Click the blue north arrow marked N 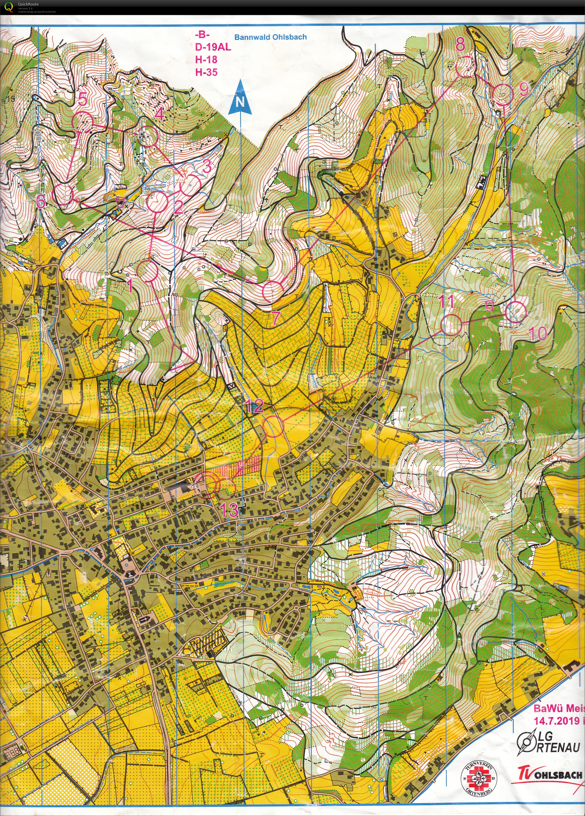(240, 98)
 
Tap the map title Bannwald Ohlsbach (270, 37)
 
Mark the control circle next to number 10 (516, 311)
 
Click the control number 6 (41, 202)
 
